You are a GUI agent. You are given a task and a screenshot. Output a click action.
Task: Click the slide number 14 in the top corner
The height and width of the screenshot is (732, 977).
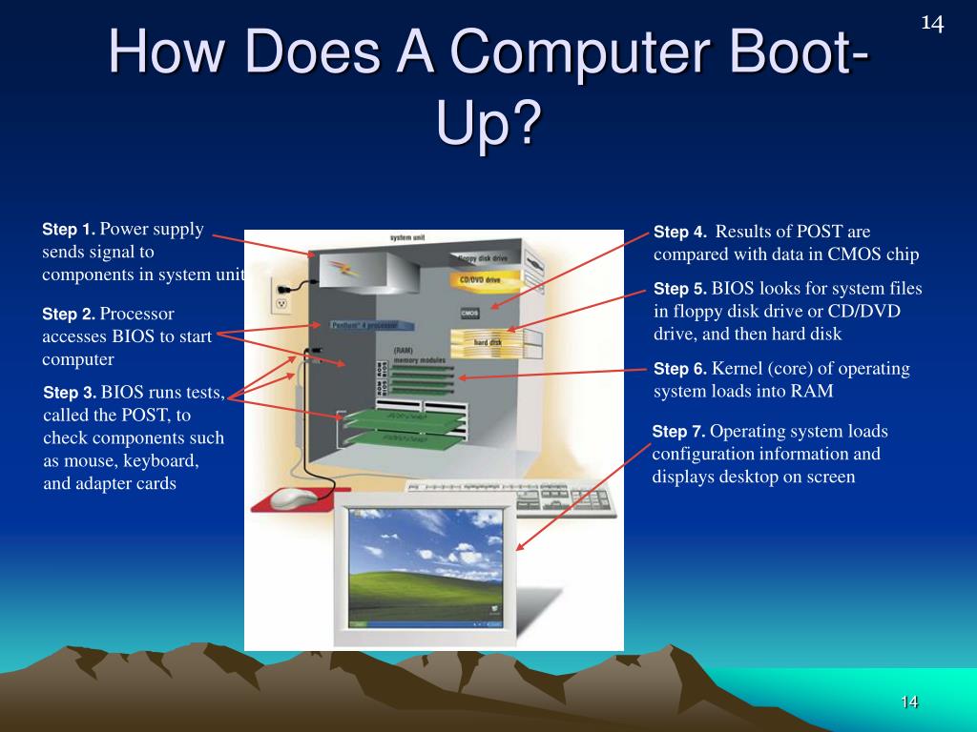(x=932, y=23)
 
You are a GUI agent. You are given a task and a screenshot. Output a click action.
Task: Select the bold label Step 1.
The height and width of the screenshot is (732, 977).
(x=69, y=230)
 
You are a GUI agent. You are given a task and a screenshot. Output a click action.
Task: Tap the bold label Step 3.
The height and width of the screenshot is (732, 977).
(x=71, y=393)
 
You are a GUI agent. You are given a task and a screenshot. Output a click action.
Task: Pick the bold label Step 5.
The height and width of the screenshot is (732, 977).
(x=680, y=290)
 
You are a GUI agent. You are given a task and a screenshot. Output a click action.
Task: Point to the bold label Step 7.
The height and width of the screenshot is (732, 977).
(x=679, y=432)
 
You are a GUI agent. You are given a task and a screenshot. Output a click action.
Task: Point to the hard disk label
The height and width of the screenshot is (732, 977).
(x=488, y=342)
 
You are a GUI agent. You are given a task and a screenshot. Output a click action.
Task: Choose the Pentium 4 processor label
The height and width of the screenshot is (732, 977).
(x=364, y=325)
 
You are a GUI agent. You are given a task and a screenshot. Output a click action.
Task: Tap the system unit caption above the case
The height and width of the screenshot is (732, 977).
(x=407, y=237)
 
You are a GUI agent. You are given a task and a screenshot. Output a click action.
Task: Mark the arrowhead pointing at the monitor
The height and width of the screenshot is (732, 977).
(x=520, y=547)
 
